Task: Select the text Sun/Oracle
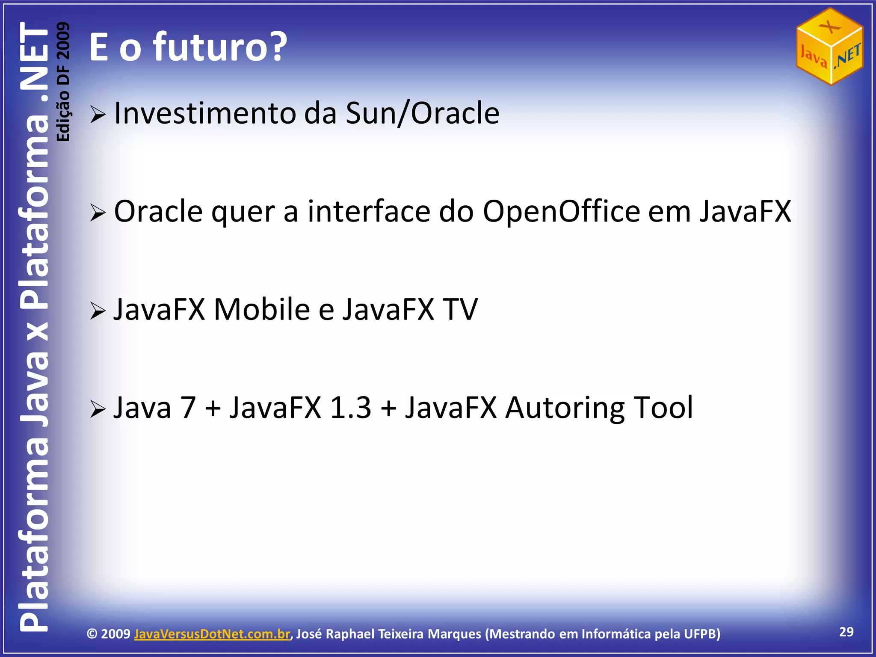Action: click(422, 113)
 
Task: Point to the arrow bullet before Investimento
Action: click(98, 115)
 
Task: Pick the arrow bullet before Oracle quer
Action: click(98, 213)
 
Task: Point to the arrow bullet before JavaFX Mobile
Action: click(98, 311)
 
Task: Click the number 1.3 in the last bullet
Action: click(351, 407)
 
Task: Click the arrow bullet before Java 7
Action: click(98, 409)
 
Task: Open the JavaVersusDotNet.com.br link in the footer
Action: click(212, 634)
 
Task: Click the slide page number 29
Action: click(846, 632)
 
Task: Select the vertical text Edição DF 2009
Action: click(63, 81)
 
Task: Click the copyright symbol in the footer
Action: click(92, 634)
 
